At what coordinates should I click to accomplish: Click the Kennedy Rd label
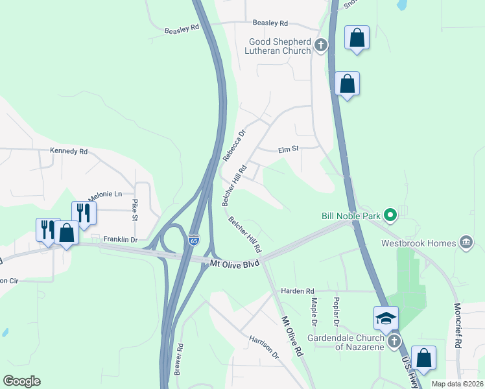click(69, 151)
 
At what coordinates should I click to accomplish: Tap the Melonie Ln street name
click(104, 194)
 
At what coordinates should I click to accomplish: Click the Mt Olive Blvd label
click(235, 263)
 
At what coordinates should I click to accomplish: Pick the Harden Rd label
click(297, 290)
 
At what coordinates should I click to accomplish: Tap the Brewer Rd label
click(179, 359)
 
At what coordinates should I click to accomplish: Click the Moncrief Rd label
click(458, 325)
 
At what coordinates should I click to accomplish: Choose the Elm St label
click(288, 149)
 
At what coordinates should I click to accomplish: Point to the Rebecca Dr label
click(235, 145)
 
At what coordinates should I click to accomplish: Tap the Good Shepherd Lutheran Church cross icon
click(320, 45)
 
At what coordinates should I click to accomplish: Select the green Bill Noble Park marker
click(390, 215)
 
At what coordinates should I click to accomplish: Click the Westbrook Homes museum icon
click(466, 244)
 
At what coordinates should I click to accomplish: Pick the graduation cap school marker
click(385, 318)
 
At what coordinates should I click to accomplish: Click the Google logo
click(21, 381)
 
